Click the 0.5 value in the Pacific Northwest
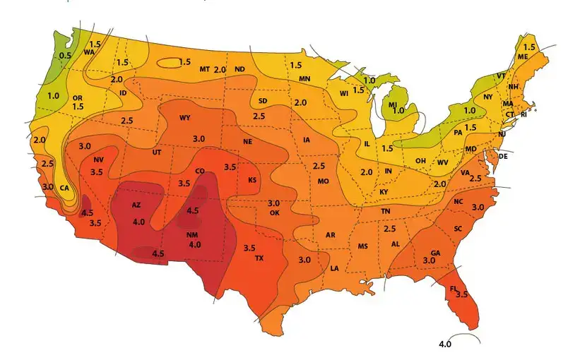click(66, 55)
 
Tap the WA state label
click(89, 52)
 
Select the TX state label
click(259, 258)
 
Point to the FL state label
click(453, 288)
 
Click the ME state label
click(523, 56)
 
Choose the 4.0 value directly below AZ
click(138, 222)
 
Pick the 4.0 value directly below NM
click(195, 244)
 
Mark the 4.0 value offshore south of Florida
click(445, 344)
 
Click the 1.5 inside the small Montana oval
click(185, 62)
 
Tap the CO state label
click(200, 171)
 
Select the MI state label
click(392, 104)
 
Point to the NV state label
click(98, 160)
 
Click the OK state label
click(275, 212)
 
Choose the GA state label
click(435, 253)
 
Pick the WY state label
click(185, 117)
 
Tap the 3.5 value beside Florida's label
click(462, 294)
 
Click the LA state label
click(334, 268)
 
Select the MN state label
click(304, 78)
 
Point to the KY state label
click(384, 192)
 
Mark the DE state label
click(504, 155)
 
